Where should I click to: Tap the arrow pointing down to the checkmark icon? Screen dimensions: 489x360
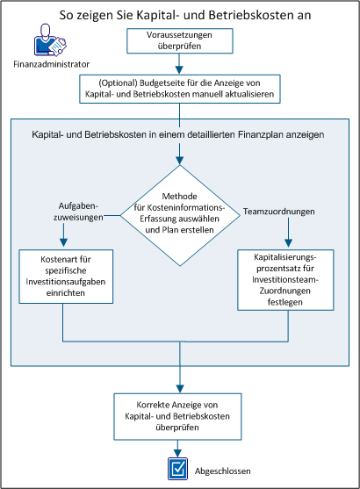coord(179,448)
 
